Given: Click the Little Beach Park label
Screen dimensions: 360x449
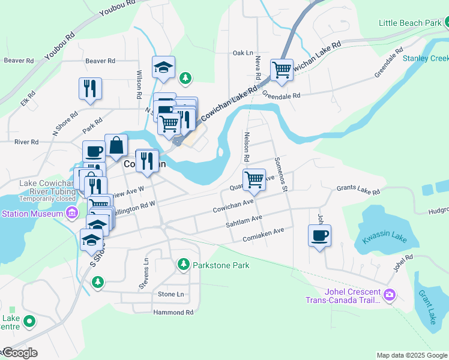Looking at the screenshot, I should (410, 23).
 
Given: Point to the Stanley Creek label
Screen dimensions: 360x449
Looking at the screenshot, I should (426, 58).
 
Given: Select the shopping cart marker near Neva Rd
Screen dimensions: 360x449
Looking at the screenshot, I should (282, 70).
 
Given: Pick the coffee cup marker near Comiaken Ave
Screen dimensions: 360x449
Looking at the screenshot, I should (319, 235).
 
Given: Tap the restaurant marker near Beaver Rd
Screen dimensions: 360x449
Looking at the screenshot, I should (90, 88).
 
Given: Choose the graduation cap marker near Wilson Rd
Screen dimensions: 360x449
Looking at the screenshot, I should (163, 67).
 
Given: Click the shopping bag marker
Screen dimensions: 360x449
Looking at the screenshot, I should (116, 145).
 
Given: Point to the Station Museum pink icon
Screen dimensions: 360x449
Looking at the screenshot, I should (73, 213).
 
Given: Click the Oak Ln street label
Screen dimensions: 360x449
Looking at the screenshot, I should (243, 53).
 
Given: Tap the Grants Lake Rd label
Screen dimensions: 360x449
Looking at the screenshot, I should (358, 191).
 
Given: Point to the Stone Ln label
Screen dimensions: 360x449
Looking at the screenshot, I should (170, 294).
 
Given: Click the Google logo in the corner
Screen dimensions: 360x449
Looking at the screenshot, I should (19, 353).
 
